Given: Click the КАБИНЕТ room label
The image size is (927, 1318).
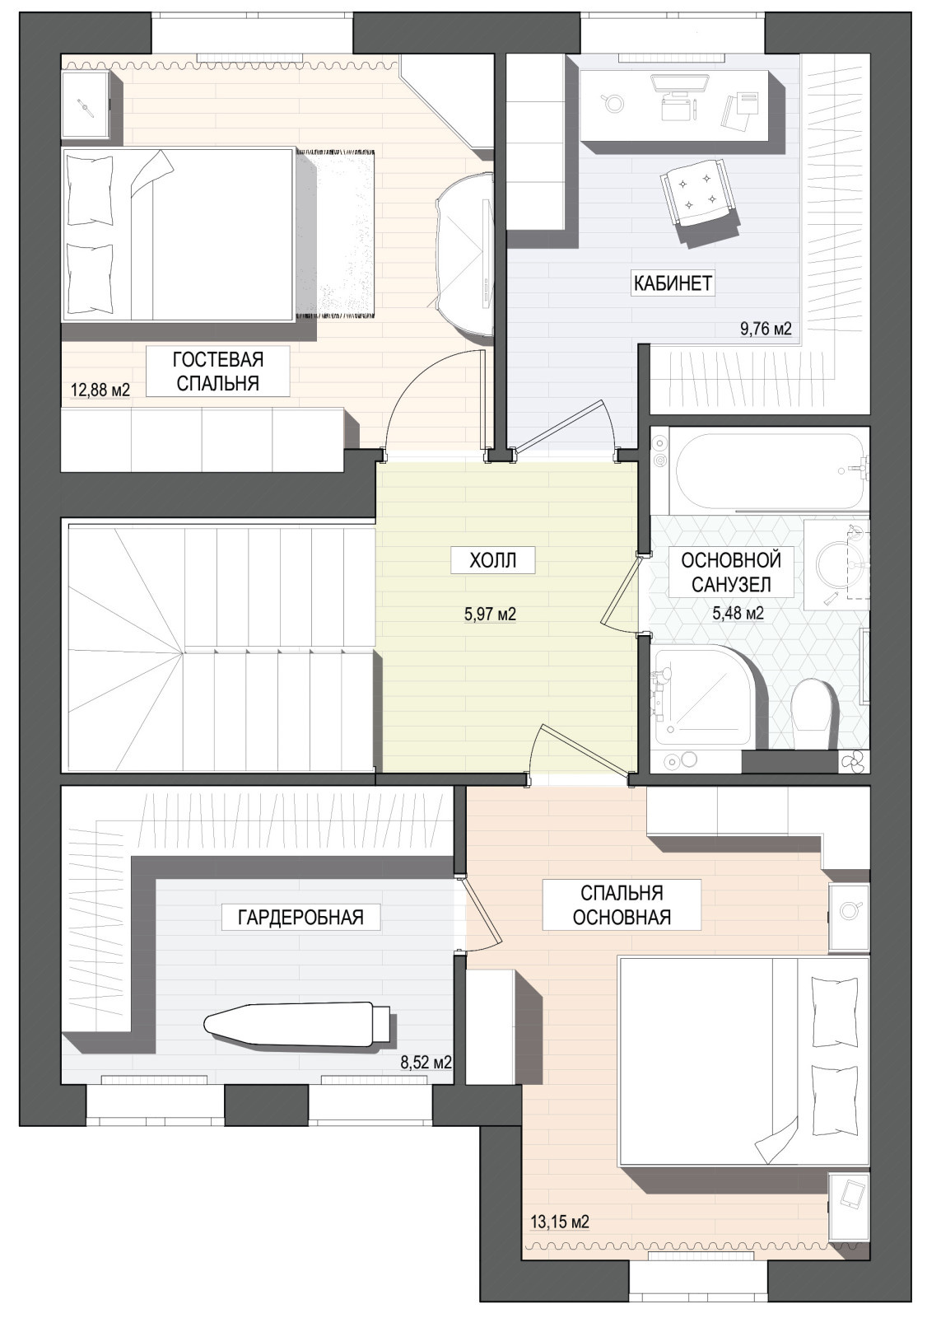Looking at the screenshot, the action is (x=673, y=283).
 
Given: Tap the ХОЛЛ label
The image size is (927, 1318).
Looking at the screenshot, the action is (x=493, y=559).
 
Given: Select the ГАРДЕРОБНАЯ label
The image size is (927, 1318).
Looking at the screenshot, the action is (x=300, y=917).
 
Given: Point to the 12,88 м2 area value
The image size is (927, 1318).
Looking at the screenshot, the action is (x=100, y=390).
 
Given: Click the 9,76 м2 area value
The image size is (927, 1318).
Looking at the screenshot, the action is (x=766, y=329).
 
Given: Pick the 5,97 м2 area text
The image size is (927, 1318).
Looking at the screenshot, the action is (x=490, y=615).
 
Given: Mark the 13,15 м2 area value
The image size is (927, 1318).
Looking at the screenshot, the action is (x=560, y=1222).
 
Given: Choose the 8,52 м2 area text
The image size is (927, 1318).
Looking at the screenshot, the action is (x=426, y=1063).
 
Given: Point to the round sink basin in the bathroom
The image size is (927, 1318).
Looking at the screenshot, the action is (x=841, y=566).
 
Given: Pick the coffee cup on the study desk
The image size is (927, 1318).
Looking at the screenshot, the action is (x=613, y=102).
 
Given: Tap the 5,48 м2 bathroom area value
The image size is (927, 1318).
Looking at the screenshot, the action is (x=738, y=614).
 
